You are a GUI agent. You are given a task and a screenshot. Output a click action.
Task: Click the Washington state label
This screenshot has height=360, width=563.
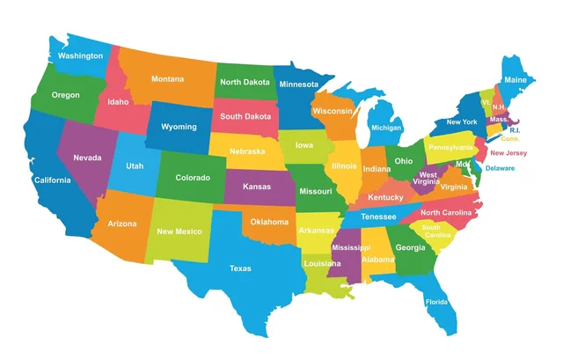click(x=79, y=56)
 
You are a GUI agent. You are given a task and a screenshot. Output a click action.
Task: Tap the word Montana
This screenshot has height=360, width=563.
click(x=167, y=79)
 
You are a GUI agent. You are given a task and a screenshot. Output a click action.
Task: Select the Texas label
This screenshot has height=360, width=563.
click(x=240, y=268)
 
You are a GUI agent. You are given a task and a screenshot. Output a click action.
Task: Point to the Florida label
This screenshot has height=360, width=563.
click(x=436, y=302)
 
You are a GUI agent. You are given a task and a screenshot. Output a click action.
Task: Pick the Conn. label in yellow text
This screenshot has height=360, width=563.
click(x=510, y=139)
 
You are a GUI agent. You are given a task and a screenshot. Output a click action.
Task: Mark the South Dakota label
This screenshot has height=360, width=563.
click(x=245, y=116)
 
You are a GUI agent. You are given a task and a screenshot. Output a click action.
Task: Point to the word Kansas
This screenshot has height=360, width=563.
click(x=256, y=187)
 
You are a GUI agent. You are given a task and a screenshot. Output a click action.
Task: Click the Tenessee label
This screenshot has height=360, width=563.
click(x=378, y=217)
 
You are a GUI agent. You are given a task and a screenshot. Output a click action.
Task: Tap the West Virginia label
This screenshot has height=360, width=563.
click(x=428, y=179)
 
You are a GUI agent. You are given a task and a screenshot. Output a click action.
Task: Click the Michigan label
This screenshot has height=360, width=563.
click(x=386, y=128)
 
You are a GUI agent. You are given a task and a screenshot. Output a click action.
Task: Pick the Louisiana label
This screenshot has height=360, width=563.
click(x=322, y=263)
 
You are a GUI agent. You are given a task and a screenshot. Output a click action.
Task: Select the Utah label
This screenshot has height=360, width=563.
click(x=135, y=165)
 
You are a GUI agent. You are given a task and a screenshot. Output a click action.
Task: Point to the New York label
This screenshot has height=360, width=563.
click(x=462, y=121)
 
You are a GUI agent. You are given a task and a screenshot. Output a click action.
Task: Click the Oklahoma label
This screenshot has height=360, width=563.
click(x=267, y=222)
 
